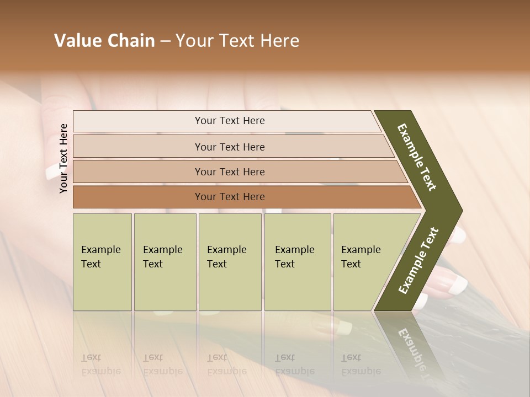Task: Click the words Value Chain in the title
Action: point(104,41)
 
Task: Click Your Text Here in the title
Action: point(237,41)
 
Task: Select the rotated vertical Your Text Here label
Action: point(63,158)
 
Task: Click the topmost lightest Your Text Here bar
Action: point(230,121)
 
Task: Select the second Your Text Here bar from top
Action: point(230,147)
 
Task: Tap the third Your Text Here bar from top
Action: point(230,171)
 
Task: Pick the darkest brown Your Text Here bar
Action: point(230,197)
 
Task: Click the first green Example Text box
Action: point(102,262)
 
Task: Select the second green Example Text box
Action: point(165,262)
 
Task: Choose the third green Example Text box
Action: point(230,262)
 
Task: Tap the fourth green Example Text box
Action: point(297,262)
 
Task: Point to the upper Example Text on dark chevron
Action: point(417,157)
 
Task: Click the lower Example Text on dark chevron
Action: point(418,261)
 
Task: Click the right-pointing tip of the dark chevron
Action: point(459,211)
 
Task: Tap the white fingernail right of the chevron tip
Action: point(459,235)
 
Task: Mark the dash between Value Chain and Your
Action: point(165,41)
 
